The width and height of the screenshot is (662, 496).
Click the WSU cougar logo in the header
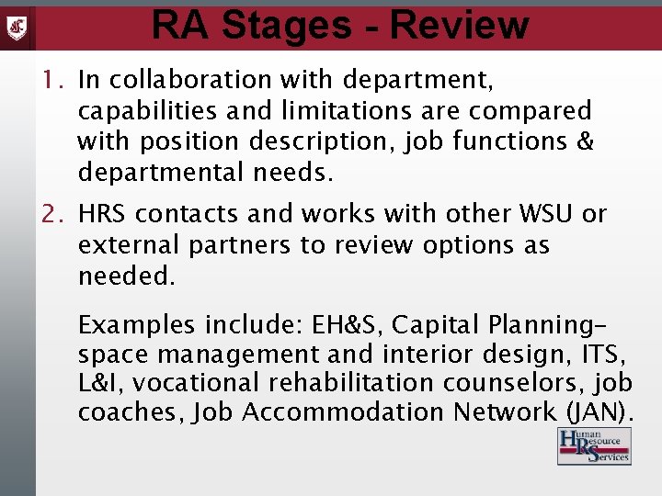point(17,27)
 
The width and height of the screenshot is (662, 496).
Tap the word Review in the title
point(459,25)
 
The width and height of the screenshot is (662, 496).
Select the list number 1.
point(51,81)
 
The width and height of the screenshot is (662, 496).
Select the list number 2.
point(51,215)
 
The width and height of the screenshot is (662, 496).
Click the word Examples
point(136,325)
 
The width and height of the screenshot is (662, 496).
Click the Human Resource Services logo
point(594,445)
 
